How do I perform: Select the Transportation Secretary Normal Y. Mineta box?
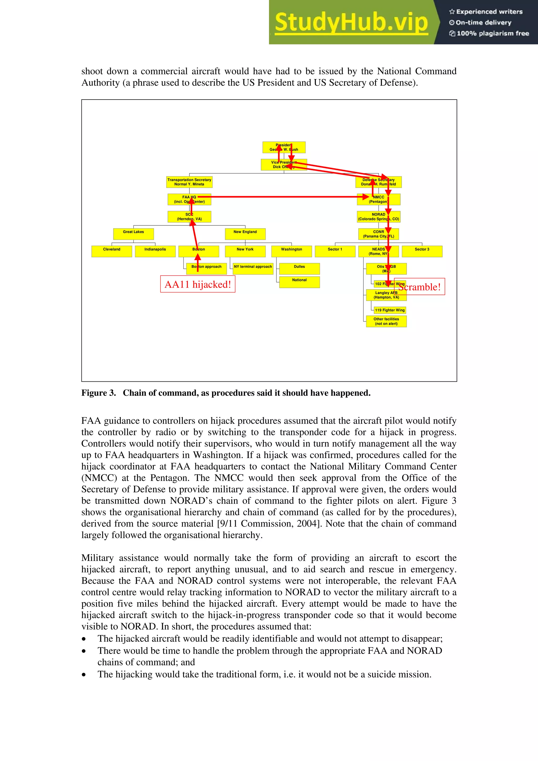(x=189, y=182)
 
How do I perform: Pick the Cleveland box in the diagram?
(x=112, y=251)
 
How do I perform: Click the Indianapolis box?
(x=155, y=251)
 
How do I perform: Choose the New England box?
(x=245, y=234)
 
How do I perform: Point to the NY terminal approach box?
(x=253, y=268)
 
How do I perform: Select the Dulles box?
(x=299, y=268)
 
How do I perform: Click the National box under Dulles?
(x=299, y=282)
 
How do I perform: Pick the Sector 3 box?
(x=422, y=251)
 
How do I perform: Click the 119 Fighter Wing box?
(x=390, y=310)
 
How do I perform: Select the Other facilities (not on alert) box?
(x=386, y=321)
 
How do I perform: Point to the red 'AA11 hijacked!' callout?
(x=198, y=284)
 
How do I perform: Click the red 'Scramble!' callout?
(x=420, y=287)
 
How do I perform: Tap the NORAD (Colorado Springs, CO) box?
(x=378, y=217)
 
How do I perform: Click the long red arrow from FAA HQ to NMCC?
(x=282, y=197)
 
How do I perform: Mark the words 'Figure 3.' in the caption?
(x=99, y=393)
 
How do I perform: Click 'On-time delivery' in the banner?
(x=483, y=23)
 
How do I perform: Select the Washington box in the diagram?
(x=291, y=251)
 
